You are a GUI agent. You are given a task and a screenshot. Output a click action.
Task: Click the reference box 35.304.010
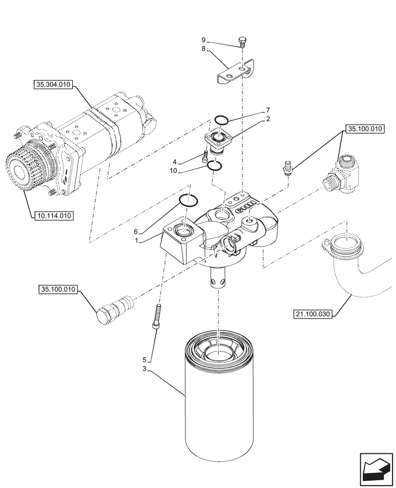coord(53,85)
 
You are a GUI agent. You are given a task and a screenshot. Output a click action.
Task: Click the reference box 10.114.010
coord(53,214)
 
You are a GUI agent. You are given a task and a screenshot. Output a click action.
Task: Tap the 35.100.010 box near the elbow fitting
coord(365,129)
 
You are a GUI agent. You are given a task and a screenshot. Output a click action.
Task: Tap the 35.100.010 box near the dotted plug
coord(57,290)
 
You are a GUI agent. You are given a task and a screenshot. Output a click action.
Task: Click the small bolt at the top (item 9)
coord(241,41)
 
